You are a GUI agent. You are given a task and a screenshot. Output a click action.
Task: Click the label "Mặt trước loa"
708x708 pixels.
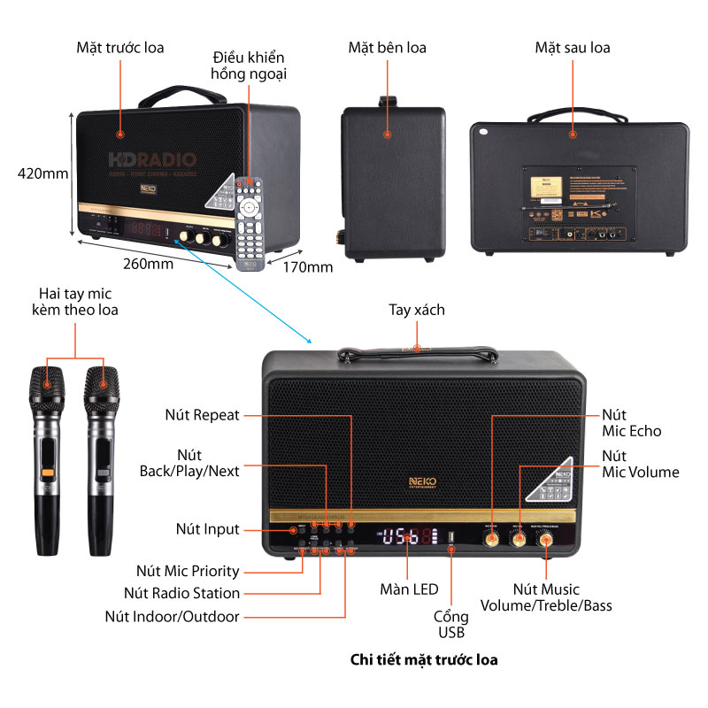(119, 47)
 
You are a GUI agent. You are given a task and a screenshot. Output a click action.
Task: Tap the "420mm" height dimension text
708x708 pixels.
(42, 173)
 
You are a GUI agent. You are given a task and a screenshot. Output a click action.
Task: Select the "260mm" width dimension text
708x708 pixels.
(148, 264)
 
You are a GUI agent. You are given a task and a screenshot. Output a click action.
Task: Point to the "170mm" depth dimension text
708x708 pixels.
(307, 266)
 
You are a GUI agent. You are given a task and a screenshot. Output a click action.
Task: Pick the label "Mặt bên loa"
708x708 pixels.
(386, 47)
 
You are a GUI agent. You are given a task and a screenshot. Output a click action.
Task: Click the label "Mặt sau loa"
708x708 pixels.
(572, 47)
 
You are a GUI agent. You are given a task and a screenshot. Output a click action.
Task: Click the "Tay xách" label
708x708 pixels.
(417, 310)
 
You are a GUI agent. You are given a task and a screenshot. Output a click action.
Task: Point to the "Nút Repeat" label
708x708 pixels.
(202, 414)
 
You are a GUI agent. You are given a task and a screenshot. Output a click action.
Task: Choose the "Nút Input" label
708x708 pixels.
(207, 529)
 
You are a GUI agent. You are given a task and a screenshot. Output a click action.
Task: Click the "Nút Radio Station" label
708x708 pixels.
(181, 593)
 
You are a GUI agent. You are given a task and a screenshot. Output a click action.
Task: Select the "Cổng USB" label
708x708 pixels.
(450, 624)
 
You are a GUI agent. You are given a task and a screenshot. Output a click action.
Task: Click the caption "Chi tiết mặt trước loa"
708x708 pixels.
(424, 659)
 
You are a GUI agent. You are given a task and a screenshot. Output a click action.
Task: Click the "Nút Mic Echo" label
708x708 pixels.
(631, 422)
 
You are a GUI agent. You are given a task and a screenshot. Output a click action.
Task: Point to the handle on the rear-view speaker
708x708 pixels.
(572, 116)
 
